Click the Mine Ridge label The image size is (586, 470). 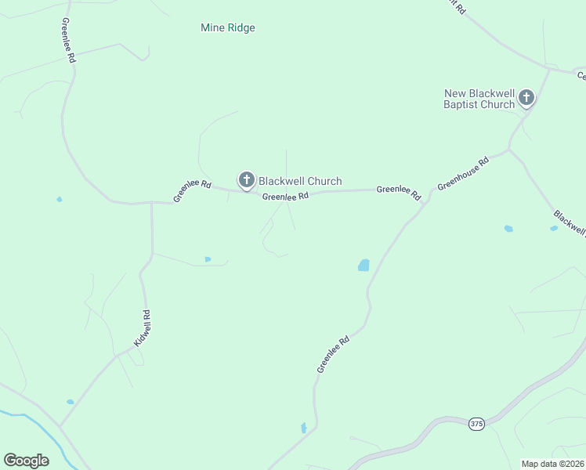[228, 28]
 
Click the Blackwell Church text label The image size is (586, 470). [300, 181]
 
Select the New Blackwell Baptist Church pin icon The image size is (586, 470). [526, 98]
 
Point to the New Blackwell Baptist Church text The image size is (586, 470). [479, 99]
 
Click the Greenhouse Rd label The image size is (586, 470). [463, 173]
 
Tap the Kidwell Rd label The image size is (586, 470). [141, 329]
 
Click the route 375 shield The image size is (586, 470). [476, 424]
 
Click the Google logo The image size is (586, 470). [26, 461]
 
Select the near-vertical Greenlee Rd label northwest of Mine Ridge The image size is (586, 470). [68, 42]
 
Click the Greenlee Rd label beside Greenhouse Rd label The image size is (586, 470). [399, 191]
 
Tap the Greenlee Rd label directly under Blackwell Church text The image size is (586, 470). [285, 197]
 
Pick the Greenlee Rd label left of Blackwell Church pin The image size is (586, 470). [193, 191]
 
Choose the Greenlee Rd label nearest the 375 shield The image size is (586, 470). [333, 354]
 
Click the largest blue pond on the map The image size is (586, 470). [364, 266]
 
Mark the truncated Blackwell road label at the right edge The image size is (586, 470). [570, 222]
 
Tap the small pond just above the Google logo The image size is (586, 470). [70, 402]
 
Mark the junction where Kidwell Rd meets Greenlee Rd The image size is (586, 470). [151, 203]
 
